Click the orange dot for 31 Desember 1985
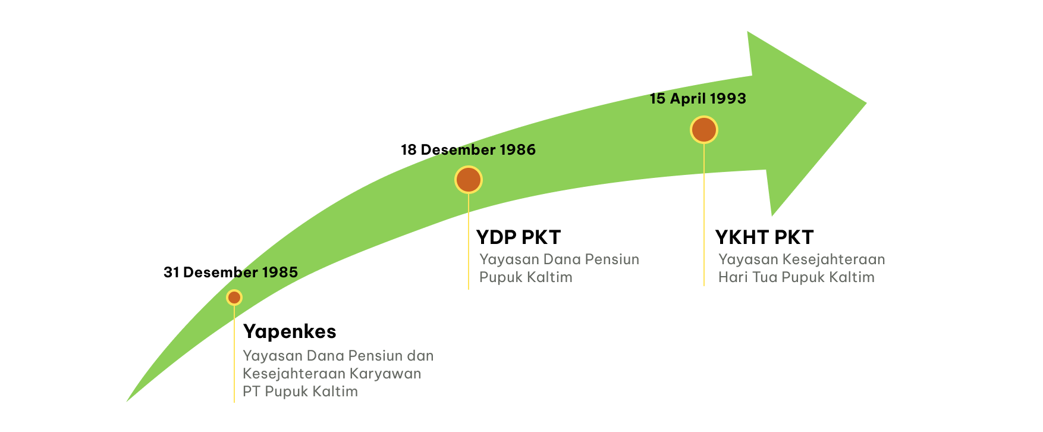click(x=234, y=298)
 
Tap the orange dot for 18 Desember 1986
click(x=469, y=180)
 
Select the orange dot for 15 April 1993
click(x=704, y=130)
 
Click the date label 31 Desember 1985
click(x=231, y=273)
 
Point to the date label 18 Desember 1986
click(x=469, y=150)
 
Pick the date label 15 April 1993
click(x=698, y=99)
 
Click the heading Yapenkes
click(x=290, y=331)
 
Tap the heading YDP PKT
click(x=519, y=237)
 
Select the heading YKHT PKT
click(x=764, y=237)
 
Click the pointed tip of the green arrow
click(x=866, y=104)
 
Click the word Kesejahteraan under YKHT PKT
click(x=834, y=260)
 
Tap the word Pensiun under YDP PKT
click(x=612, y=260)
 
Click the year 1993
click(x=727, y=99)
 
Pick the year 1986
click(x=518, y=150)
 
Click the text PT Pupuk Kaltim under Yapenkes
click(x=300, y=392)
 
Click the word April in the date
click(x=687, y=99)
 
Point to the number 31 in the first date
click(x=171, y=273)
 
